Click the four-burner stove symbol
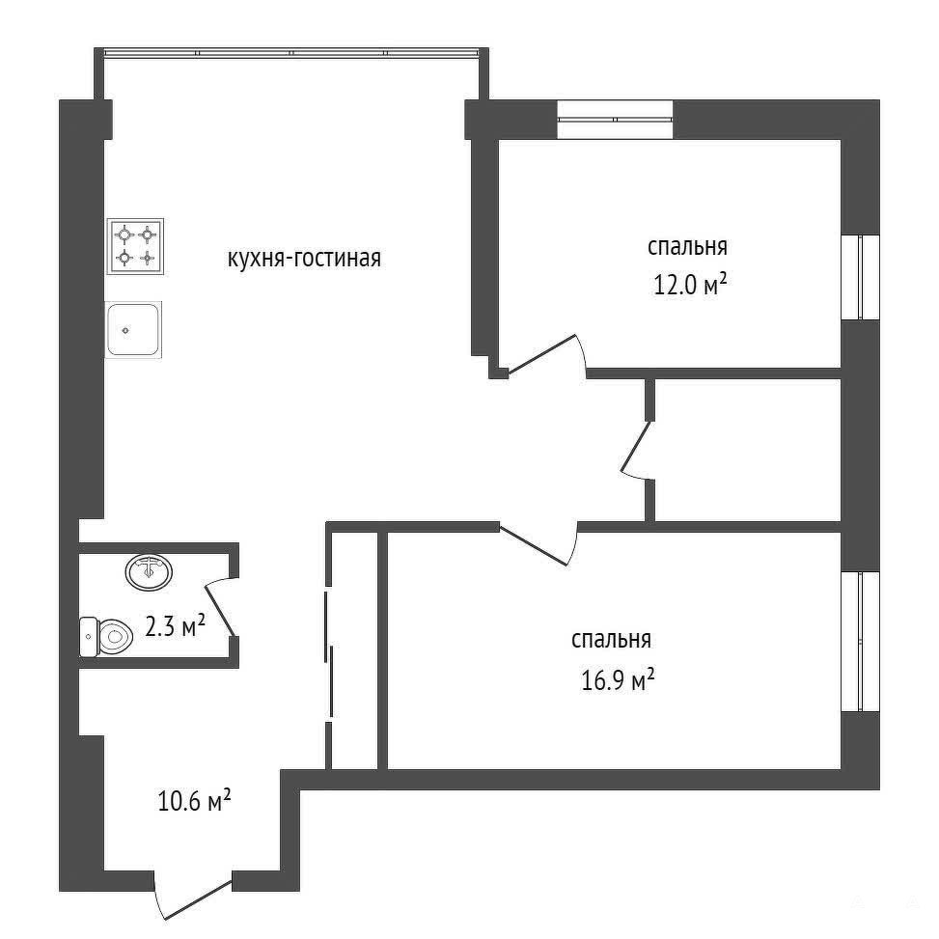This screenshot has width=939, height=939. (x=135, y=246)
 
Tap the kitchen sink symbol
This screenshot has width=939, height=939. (x=133, y=329)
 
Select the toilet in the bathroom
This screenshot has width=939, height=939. (x=106, y=637)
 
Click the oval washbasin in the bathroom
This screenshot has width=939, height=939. (x=149, y=570)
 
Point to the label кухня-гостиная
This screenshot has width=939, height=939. (x=304, y=259)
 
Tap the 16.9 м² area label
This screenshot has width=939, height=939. (x=618, y=680)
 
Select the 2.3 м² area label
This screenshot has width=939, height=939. (x=176, y=626)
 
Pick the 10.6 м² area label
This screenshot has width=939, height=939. (x=195, y=801)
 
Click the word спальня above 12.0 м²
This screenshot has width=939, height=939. (x=687, y=247)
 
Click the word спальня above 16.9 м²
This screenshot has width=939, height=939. (x=612, y=640)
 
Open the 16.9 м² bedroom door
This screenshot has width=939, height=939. (x=539, y=544)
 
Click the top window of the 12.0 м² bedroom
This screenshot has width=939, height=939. (x=615, y=120)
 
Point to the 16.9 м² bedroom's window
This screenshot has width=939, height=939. (x=861, y=642)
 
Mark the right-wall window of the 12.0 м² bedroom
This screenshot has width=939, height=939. (x=861, y=277)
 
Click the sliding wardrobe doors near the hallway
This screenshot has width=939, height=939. (x=329, y=654)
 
